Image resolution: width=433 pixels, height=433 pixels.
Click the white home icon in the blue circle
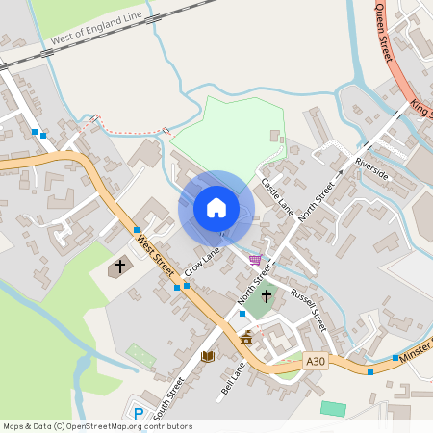[x=216, y=208]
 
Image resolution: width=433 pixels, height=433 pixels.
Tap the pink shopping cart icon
[x=255, y=259]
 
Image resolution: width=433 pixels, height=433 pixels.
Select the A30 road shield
[x=315, y=361]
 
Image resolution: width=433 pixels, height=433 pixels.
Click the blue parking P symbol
[x=138, y=413]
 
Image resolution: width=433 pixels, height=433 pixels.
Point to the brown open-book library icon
[x=207, y=356]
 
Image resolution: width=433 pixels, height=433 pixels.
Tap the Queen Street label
[x=384, y=34]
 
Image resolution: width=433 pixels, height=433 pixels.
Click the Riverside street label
[x=371, y=167]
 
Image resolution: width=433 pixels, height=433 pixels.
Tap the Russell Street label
[x=309, y=310]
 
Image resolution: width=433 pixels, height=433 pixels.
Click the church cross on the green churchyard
[x=266, y=296]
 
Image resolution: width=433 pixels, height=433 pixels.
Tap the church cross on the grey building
[x=121, y=265]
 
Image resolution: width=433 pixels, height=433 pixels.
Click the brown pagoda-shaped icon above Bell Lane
[x=246, y=337]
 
